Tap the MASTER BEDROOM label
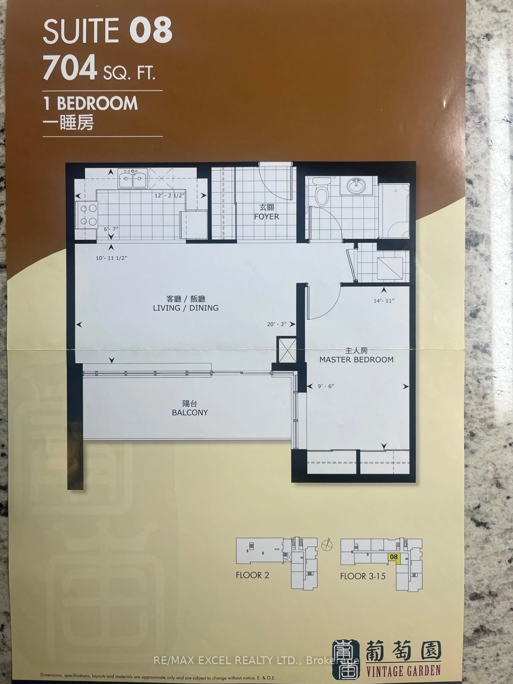click(x=356, y=360)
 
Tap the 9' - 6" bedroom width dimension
click(x=326, y=386)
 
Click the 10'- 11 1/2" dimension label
click(x=111, y=258)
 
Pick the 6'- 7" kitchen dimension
click(x=111, y=229)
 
